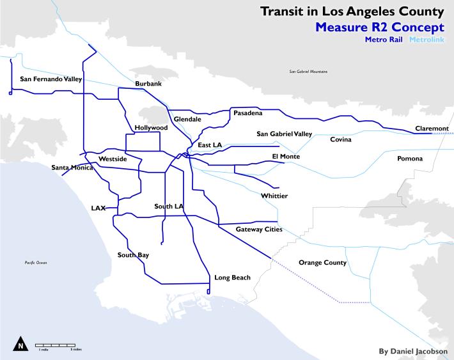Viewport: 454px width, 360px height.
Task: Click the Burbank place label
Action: coord(148,84)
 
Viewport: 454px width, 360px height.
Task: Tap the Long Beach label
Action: coord(232,278)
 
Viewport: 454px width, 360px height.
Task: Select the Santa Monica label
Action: coord(72,168)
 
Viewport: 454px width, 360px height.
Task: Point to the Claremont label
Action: coord(432,129)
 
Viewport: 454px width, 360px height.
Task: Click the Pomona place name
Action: coord(410,159)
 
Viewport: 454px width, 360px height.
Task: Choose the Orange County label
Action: coord(322,263)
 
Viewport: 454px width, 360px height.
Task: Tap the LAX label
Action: coord(98,208)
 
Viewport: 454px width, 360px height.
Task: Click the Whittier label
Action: coord(274,196)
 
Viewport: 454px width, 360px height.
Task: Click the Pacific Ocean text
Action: coord(32,263)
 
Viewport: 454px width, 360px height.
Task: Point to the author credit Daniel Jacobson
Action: coord(413,351)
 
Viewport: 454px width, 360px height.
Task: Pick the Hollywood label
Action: coord(151,128)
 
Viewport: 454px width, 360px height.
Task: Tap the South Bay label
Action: coord(133,255)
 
